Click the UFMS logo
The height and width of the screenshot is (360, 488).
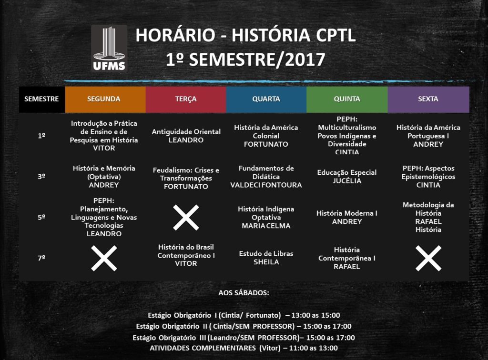point(109,48)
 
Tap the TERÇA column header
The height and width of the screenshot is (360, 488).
point(186,99)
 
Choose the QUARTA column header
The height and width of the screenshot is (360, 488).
point(266,99)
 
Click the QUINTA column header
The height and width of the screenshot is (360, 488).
point(347,99)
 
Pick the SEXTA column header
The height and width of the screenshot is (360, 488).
point(428,99)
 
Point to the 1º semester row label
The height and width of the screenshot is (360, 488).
point(41,136)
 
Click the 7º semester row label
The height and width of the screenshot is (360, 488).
point(41,258)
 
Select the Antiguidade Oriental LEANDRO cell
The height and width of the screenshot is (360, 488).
point(186,136)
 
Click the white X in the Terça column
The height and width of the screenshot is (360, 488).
point(186,217)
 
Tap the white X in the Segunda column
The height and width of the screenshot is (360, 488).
point(104,258)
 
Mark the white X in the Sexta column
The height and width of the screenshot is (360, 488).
point(428,258)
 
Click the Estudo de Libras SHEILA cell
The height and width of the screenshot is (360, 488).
point(266,258)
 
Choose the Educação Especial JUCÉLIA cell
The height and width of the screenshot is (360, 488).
point(347,177)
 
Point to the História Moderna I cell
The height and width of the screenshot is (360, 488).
point(347,217)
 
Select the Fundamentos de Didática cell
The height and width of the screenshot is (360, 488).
point(266,177)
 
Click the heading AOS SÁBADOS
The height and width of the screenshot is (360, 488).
point(244,293)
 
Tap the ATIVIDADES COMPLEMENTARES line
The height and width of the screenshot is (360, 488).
point(244,348)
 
